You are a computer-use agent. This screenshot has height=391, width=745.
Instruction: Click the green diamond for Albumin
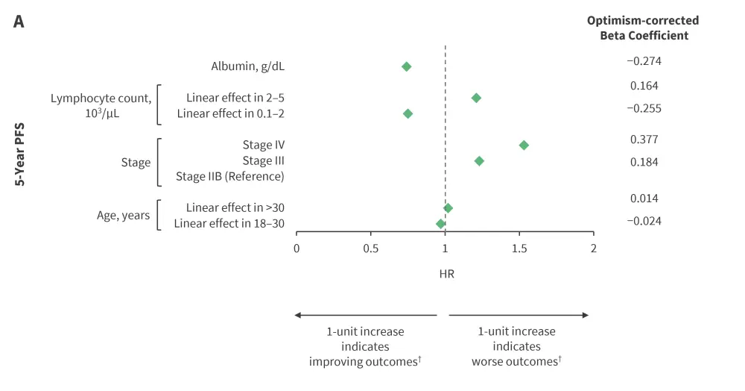pyautogui.click(x=407, y=66)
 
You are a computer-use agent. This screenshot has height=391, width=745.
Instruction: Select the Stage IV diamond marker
pyautogui.click(x=524, y=145)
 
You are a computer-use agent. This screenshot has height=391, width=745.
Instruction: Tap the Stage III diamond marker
pyautogui.click(x=479, y=161)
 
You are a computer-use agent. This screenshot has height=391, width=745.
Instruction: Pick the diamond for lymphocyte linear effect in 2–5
pyautogui.click(x=476, y=98)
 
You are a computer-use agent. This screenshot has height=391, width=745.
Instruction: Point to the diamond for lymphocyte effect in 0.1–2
pyautogui.click(x=408, y=113)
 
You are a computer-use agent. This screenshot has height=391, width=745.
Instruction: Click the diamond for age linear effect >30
pyautogui.click(x=448, y=208)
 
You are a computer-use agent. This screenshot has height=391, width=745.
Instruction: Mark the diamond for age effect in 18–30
pyautogui.click(x=440, y=224)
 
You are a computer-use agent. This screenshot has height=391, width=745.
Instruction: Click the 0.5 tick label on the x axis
pyautogui.click(x=370, y=248)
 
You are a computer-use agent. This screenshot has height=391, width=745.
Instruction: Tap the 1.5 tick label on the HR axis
pyautogui.click(x=519, y=248)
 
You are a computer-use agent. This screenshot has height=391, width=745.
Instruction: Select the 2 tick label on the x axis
pyautogui.click(x=593, y=248)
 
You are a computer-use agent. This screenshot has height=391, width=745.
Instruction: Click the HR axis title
pyautogui.click(x=446, y=274)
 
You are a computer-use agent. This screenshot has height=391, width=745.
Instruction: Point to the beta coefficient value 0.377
pyautogui.click(x=644, y=139)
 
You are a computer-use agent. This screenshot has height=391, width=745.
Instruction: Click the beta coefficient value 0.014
pyautogui.click(x=644, y=198)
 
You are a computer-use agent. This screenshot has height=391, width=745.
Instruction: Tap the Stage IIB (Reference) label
pyautogui.click(x=230, y=177)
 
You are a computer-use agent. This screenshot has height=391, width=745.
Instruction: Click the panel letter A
pyautogui.click(x=19, y=22)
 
